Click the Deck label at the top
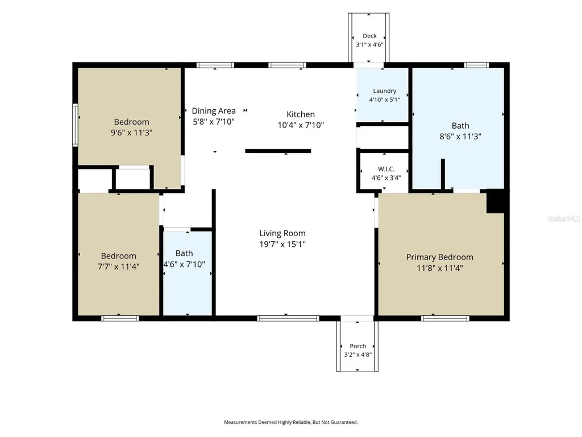click(x=369, y=36)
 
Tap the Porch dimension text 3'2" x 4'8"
click(x=358, y=354)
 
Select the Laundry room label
click(x=385, y=91)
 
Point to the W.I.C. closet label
click(x=386, y=169)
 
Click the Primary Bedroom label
click(x=439, y=257)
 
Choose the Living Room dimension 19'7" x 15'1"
click(x=282, y=244)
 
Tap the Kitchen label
click(x=301, y=114)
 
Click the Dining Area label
click(x=214, y=111)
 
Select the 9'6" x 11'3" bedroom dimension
click(x=131, y=133)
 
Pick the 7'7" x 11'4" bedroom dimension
click(x=118, y=266)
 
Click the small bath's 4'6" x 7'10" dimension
click(x=185, y=264)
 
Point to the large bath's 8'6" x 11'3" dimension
click(x=460, y=137)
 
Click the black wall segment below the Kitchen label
click(x=278, y=151)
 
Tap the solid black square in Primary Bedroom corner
click(x=495, y=201)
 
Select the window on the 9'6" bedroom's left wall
click(x=76, y=125)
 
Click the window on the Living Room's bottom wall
click(x=288, y=319)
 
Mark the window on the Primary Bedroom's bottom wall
click(x=445, y=319)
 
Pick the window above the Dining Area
click(x=215, y=65)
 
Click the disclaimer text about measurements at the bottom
click(x=291, y=422)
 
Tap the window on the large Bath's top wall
click(x=477, y=65)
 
